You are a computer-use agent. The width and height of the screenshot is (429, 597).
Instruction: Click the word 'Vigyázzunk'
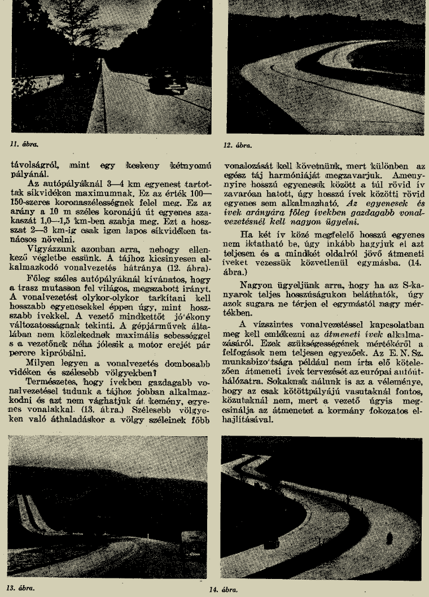click(x=46, y=265)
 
